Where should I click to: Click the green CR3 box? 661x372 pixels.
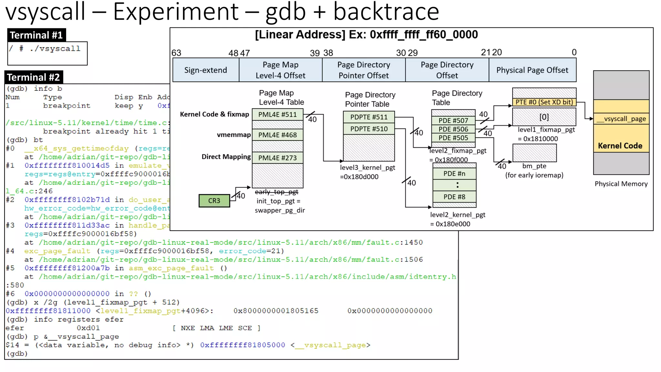tap(214, 201)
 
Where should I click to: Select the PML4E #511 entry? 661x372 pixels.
tap(277, 115)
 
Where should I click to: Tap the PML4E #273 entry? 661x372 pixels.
tap(277, 158)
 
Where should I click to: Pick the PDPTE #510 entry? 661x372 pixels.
tap(369, 129)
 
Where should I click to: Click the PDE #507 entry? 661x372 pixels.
tap(453, 121)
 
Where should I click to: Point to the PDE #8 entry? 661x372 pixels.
tap(454, 197)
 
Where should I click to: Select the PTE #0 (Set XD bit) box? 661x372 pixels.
tap(544, 102)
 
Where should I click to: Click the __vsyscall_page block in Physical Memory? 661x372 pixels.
tap(621, 119)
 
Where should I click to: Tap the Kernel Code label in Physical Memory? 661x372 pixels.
tap(620, 146)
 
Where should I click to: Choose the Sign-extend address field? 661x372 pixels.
tap(206, 70)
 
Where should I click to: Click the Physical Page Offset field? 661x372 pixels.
tap(532, 70)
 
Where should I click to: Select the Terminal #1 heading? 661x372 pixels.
tap(36, 35)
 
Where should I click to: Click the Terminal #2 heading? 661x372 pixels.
tap(34, 77)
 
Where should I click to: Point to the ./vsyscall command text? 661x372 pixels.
tap(55, 49)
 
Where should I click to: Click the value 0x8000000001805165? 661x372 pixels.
tap(276, 311)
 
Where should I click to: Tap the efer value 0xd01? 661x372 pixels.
tap(88, 328)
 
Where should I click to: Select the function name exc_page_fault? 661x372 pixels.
tap(57, 251)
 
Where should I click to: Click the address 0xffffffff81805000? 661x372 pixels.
tap(242, 345)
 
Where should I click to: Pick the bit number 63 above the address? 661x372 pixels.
tap(176, 53)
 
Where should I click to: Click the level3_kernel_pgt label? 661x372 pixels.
tap(367, 168)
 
